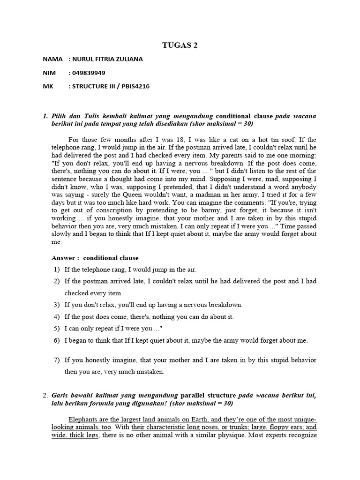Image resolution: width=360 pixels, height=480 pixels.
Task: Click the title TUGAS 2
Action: pyautogui.click(x=180, y=45)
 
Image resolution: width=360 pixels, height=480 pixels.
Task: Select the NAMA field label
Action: pyautogui.click(x=52, y=59)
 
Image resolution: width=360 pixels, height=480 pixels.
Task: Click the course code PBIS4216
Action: pyautogui.click(x=134, y=86)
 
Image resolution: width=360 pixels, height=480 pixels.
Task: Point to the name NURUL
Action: pyautogui.click(x=82, y=59)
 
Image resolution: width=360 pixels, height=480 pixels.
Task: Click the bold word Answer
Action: pyautogui.click(x=63, y=258)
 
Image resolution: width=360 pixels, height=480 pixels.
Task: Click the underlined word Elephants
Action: pyautogui.click(x=84, y=419)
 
